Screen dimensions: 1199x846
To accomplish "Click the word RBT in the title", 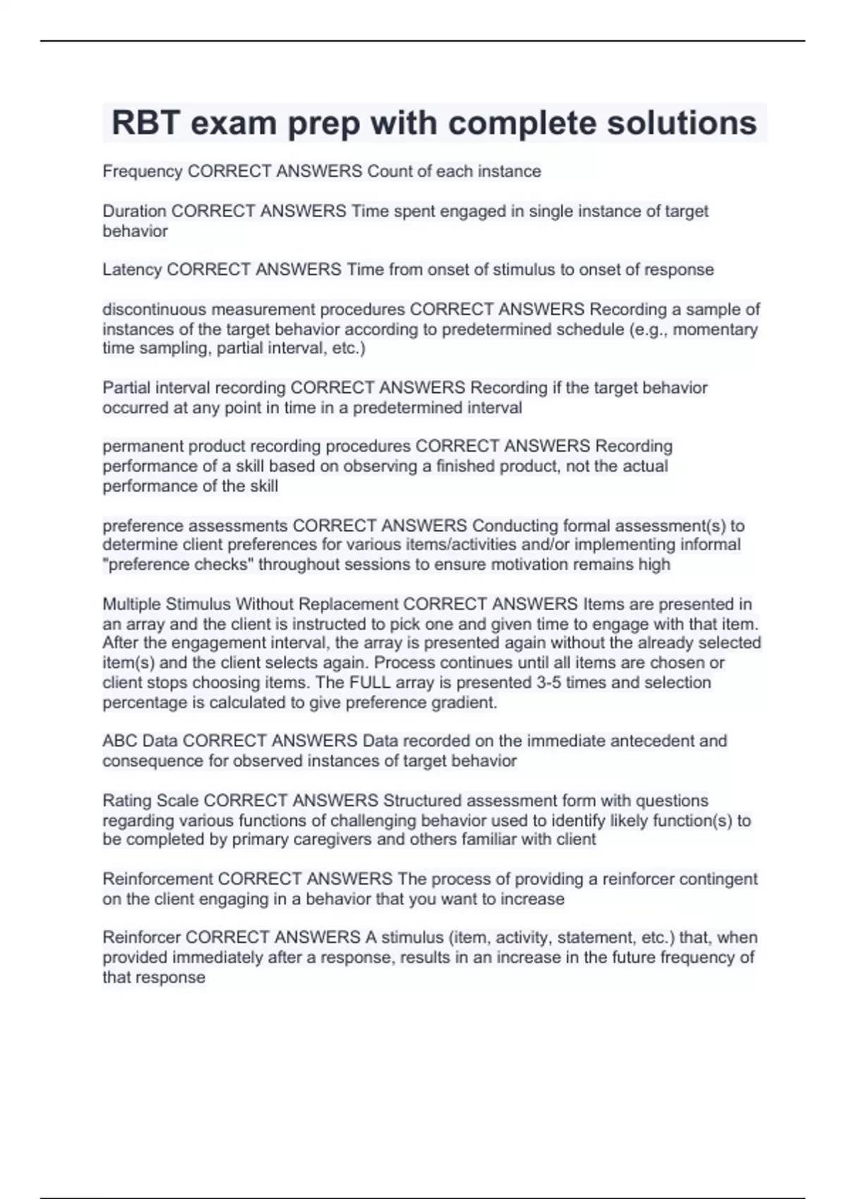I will tap(145, 123).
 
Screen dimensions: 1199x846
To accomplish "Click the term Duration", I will tap(134, 211).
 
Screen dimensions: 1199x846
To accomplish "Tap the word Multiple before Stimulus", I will tap(131, 604).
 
